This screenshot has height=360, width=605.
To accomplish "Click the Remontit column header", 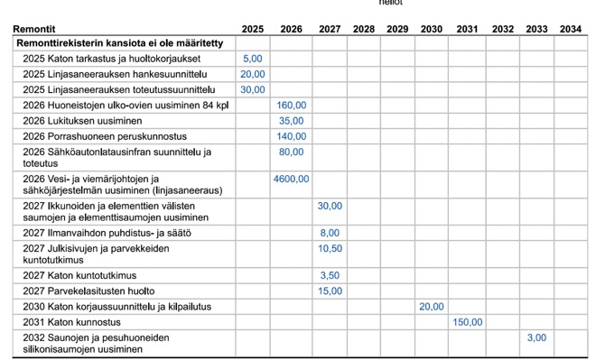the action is point(34,29).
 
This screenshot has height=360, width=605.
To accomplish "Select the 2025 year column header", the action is point(253,29).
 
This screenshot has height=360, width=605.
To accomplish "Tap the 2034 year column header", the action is point(570,29).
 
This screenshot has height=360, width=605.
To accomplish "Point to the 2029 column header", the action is point(397,29).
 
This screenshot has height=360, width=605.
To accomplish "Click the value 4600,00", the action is point(291,179).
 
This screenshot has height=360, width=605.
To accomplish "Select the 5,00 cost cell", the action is point(253,58).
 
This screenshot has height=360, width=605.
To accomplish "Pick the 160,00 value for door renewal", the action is point(291,105).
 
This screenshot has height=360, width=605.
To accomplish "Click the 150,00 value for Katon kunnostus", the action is point(467,321).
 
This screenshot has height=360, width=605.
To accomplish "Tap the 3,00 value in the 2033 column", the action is point(536,337).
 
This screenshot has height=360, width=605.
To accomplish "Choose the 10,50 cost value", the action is point(330,248).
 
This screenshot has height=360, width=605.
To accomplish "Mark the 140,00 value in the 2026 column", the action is point(291,136).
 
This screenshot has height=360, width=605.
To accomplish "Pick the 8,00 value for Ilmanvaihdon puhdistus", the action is point(330,233).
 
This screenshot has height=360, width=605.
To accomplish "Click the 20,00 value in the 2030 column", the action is point(432,306).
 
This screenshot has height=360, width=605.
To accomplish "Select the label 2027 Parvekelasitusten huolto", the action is point(89,291).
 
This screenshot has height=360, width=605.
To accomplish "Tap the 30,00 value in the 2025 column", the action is point(253,89).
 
